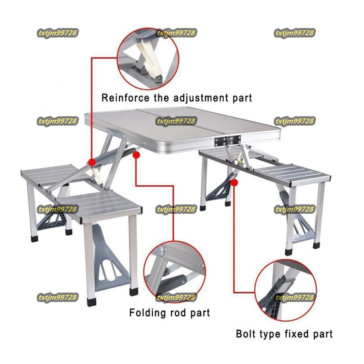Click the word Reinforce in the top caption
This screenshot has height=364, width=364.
coord(125,98)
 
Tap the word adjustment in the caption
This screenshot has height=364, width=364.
coord(201,98)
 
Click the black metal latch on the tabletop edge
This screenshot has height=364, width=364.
coord(227,141)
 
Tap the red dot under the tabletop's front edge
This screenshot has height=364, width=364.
coord(136,155)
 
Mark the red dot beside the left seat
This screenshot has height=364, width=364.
coord(92,162)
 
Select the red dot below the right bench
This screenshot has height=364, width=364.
coord(235,183)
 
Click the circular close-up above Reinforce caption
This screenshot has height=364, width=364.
coord(148,59)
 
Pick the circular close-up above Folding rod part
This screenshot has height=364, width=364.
coord(175,272)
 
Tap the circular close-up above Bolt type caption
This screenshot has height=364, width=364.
coord(286,290)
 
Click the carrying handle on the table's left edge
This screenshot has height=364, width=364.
coord(116,133)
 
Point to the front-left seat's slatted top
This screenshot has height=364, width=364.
coord(99,205)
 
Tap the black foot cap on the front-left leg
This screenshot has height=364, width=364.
coord(92,302)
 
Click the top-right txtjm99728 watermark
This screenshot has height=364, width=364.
coord(294,33)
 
